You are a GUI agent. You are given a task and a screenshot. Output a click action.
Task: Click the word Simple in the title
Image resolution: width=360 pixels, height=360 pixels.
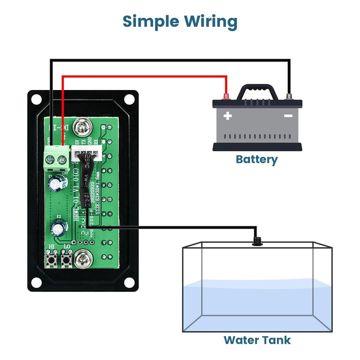(150, 22)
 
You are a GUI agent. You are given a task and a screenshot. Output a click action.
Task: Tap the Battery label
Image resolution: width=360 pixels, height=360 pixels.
(257, 159)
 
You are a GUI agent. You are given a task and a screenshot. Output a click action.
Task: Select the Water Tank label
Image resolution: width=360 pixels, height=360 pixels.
(257, 340)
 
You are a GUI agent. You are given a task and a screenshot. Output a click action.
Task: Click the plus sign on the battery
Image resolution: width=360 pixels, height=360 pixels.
(227, 115)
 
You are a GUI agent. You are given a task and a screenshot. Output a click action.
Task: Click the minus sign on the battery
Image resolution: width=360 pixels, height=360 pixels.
(288, 115)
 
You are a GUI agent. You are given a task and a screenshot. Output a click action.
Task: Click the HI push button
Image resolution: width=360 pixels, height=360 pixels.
(52, 260)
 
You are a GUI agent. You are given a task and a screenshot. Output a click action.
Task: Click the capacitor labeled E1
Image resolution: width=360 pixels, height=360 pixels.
(58, 182)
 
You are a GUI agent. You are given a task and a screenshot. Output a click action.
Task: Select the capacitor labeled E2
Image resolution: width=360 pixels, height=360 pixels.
(59, 227)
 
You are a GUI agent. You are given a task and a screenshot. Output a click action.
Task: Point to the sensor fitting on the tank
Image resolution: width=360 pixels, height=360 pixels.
(256, 241)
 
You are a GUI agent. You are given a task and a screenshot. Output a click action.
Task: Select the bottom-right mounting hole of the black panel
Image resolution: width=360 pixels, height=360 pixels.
(129, 282)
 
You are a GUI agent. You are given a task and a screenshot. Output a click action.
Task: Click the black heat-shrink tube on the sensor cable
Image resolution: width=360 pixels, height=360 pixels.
(85, 183)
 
